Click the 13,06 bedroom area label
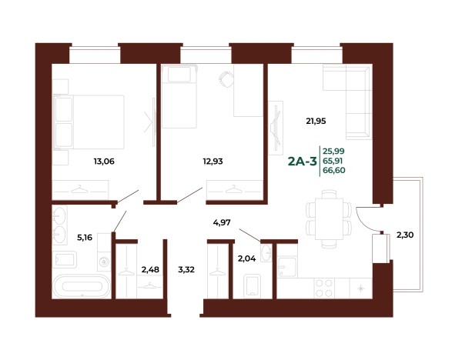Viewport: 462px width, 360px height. click(104, 162)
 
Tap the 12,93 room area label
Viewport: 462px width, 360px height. click(213, 162)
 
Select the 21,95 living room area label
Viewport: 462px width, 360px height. click(316, 121)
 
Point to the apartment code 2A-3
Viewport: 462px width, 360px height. click(303, 162)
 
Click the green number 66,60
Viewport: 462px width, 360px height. click(334, 171)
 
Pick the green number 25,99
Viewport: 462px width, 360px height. click(333, 152)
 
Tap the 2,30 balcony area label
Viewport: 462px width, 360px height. click(405, 235)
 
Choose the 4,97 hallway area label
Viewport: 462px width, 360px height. click(222, 222)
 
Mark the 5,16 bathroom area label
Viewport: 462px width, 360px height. click(85, 238)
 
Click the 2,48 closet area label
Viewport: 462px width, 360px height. click(150, 270)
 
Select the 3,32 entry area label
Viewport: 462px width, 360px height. click(186, 270)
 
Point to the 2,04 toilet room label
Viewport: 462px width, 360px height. click(246, 258)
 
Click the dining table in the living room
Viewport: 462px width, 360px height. click(329, 219)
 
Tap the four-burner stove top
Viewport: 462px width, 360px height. click(324, 288)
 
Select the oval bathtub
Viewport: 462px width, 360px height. click(82, 286)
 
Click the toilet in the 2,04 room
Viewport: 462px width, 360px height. click(253, 286)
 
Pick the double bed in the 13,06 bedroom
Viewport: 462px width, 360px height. click(89, 122)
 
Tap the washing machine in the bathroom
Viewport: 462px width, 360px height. click(104, 262)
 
